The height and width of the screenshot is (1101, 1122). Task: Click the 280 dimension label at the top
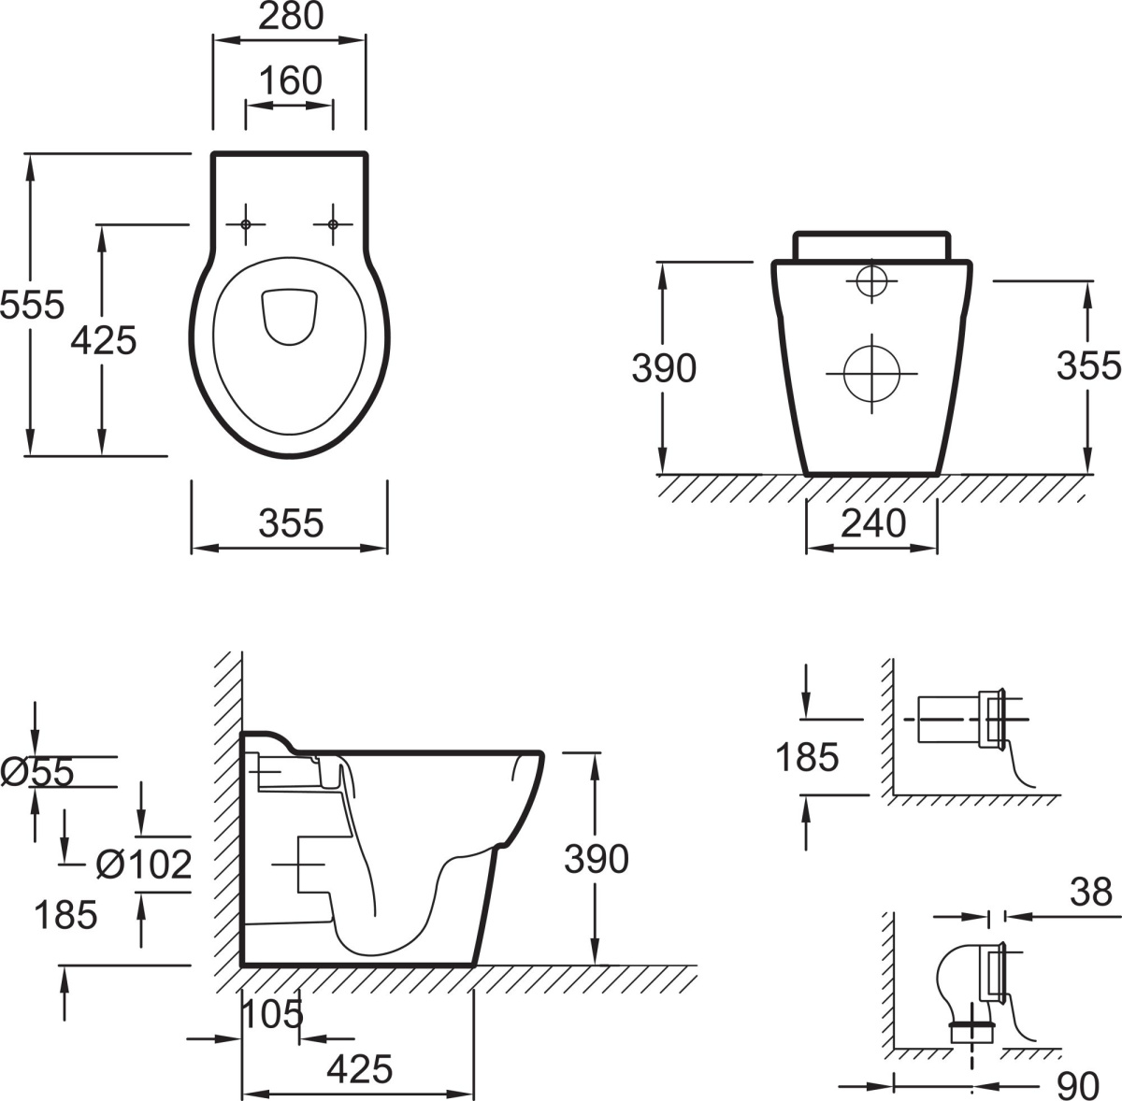[x=291, y=16]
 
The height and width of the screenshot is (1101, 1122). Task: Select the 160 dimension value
[x=290, y=80]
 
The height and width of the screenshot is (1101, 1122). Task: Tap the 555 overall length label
[x=32, y=305]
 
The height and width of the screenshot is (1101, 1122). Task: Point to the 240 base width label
[x=873, y=522]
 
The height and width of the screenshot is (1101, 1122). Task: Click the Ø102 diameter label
[x=144, y=865]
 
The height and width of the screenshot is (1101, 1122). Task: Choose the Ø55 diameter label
[x=37, y=772]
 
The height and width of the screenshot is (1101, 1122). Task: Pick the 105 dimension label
[x=272, y=1014]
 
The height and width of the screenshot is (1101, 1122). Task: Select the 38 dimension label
[x=1090, y=892]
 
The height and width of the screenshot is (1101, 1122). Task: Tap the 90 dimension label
[x=1078, y=1085]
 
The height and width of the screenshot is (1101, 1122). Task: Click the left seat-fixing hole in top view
[x=246, y=224]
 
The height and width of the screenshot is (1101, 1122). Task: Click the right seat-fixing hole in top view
[x=333, y=224]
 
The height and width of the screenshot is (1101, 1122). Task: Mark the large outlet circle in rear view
[x=871, y=373]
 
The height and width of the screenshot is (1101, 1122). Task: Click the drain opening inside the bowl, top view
[x=290, y=318]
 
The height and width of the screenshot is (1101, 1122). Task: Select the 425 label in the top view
[x=104, y=340]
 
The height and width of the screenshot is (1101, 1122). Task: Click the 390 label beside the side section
[x=597, y=859]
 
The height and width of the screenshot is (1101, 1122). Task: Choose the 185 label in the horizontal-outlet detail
[x=807, y=757]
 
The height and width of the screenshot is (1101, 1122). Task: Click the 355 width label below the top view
[x=291, y=522]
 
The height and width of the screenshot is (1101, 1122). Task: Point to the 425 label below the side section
[x=360, y=1069]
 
